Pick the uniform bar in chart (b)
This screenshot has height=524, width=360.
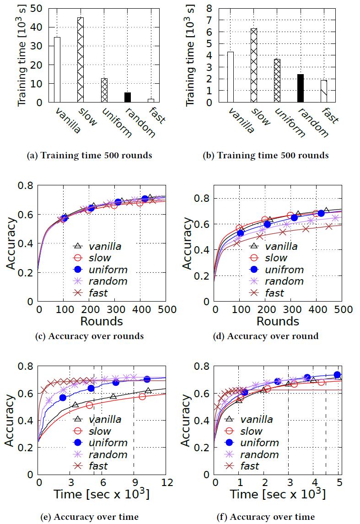pyautogui.click(x=277, y=81)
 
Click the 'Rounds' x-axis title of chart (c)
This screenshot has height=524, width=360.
pyautogui.click(x=102, y=321)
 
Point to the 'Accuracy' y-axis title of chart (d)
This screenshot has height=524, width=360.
pyautogui.click(x=188, y=243)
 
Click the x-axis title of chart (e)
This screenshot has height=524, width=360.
pyautogui.click(x=102, y=494)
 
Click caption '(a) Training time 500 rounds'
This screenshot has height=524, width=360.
pyautogui.click(x=90, y=156)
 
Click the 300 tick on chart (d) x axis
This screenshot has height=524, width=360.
pyautogui.click(x=291, y=310)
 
